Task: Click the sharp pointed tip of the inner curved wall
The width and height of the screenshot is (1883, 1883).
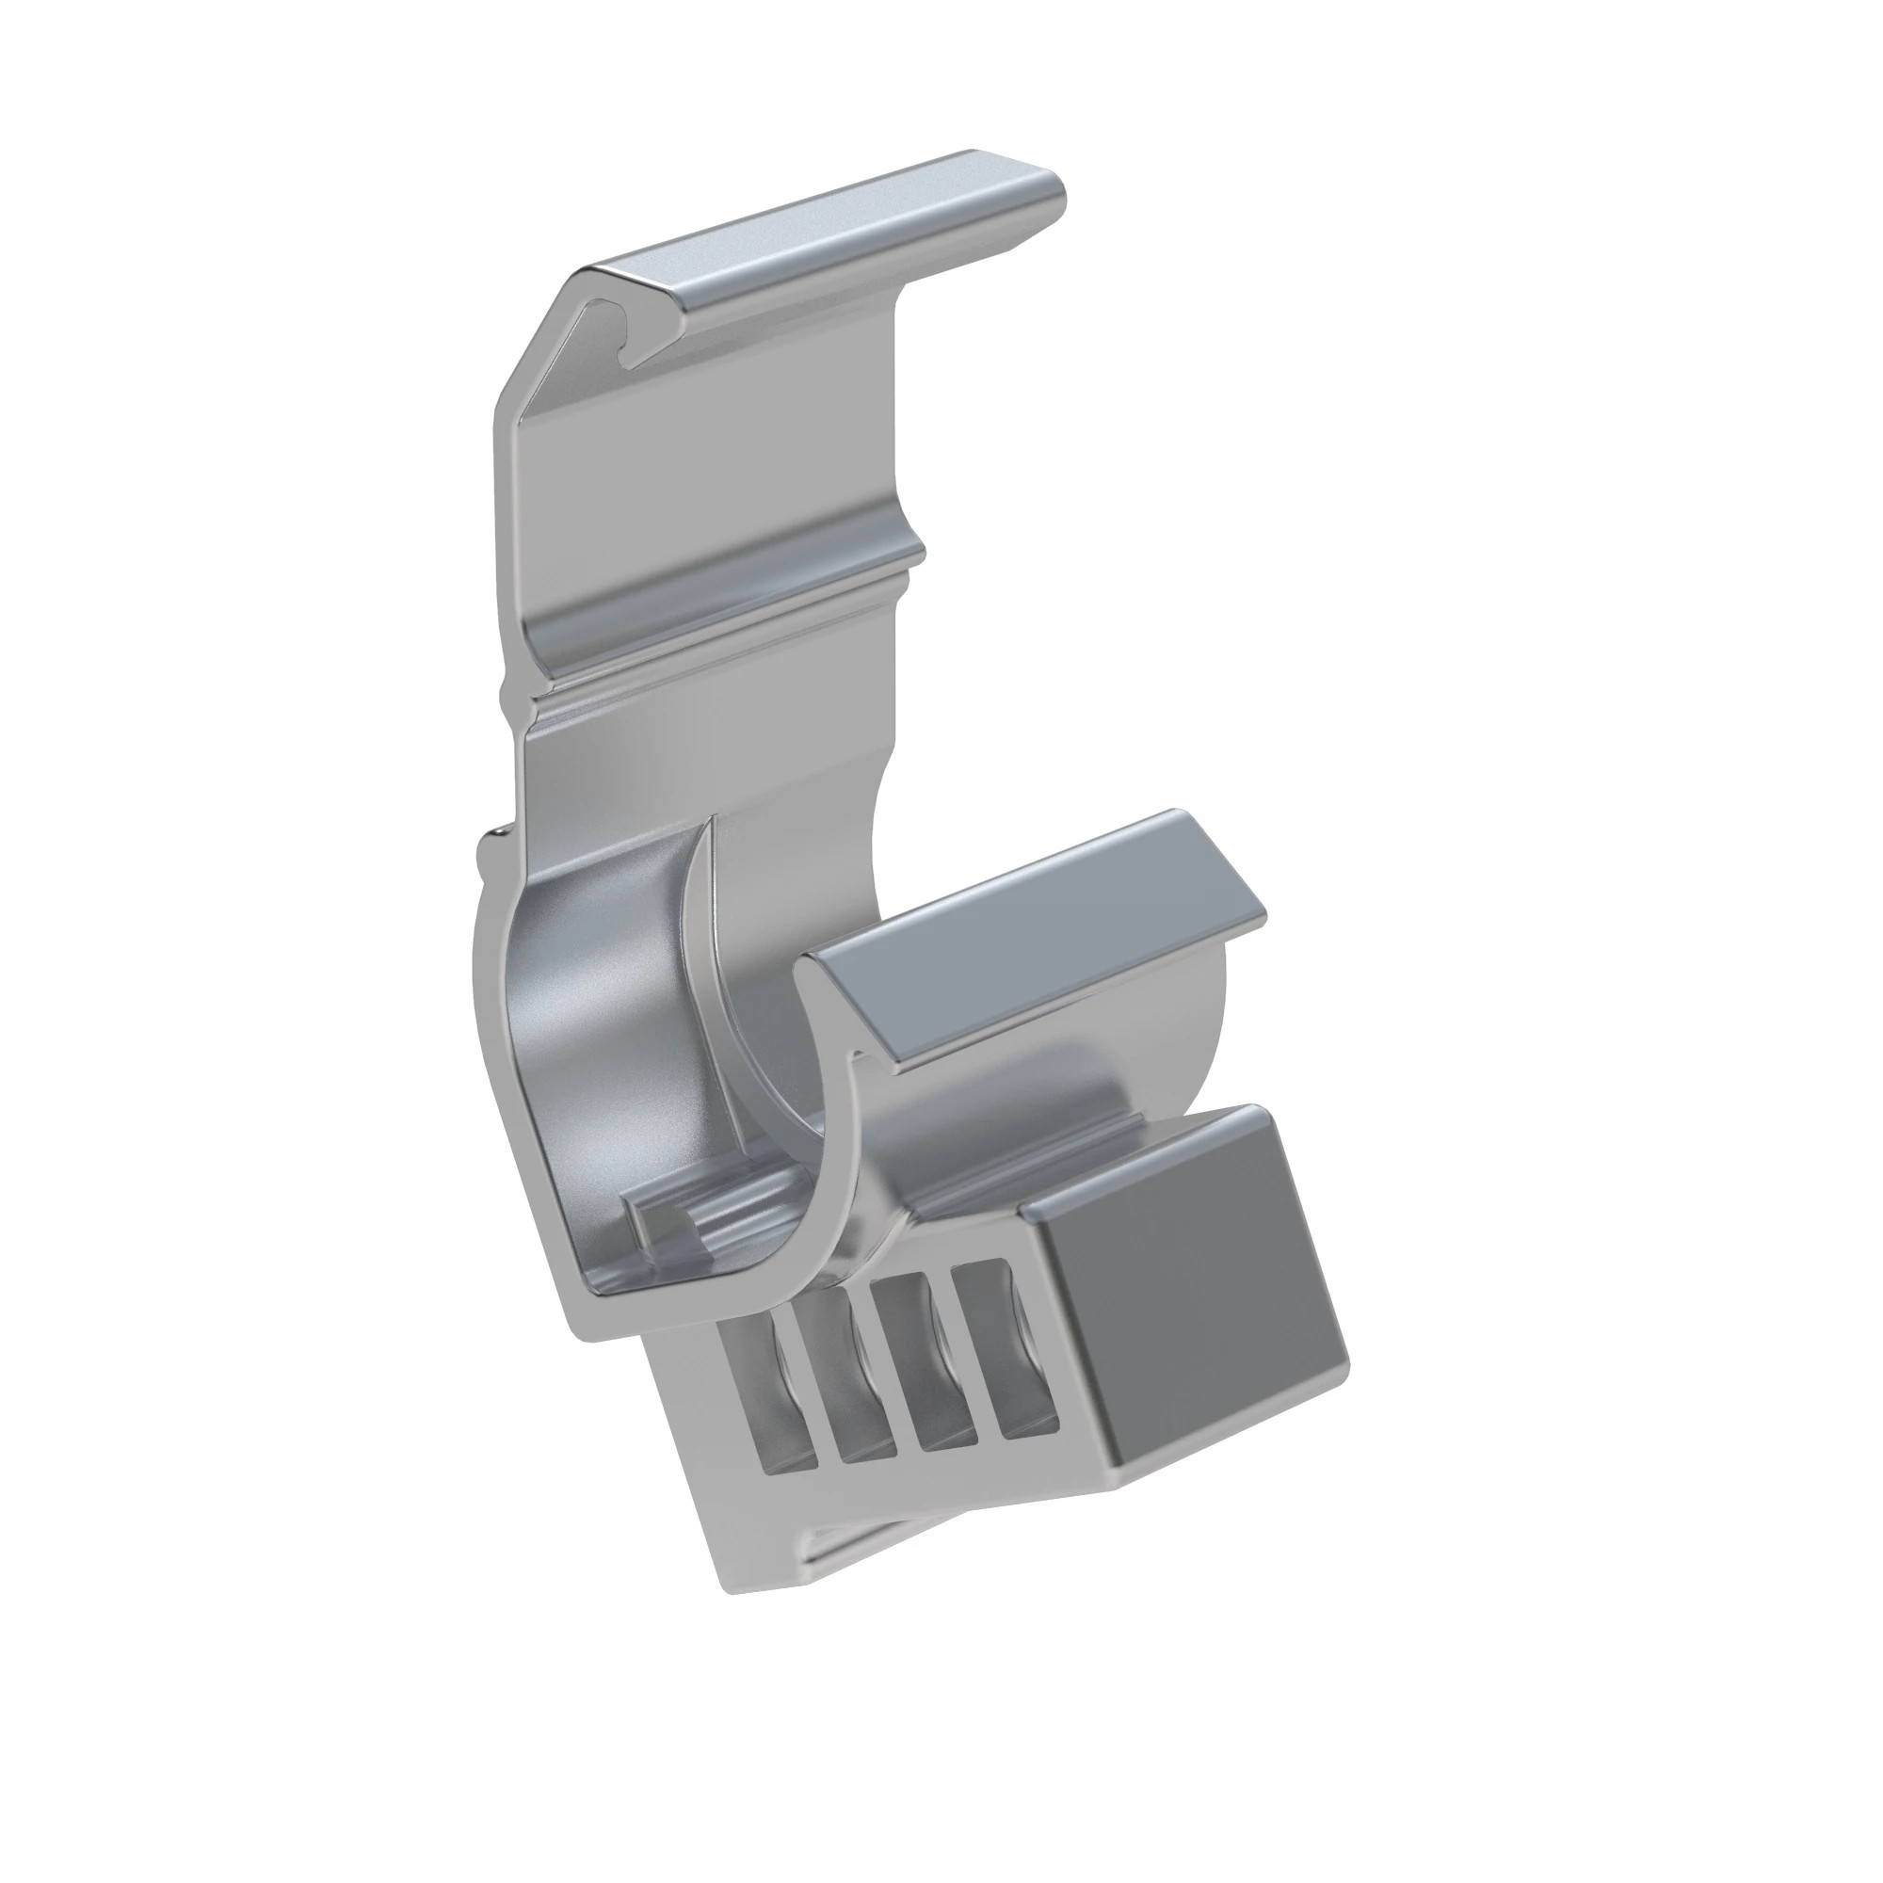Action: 712,824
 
